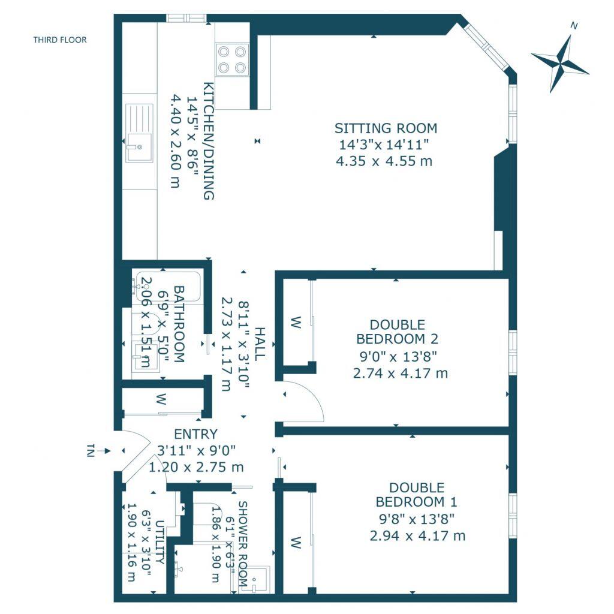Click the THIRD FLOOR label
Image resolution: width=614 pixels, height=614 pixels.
tap(60, 40)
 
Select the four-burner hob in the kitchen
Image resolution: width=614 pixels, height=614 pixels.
tap(232, 59)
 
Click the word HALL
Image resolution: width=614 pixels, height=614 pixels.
tap(259, 344)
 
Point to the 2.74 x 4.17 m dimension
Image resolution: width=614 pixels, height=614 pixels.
tap(401, 373)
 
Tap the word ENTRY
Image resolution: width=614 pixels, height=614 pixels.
tap(195, 434)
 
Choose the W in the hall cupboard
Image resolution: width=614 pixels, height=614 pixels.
tap(161, 399)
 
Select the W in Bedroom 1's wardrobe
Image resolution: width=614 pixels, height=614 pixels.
tap(295, 543)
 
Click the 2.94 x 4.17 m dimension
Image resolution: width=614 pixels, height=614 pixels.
tap(418, 535)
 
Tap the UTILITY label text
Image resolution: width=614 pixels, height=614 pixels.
tap(159, 543)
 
